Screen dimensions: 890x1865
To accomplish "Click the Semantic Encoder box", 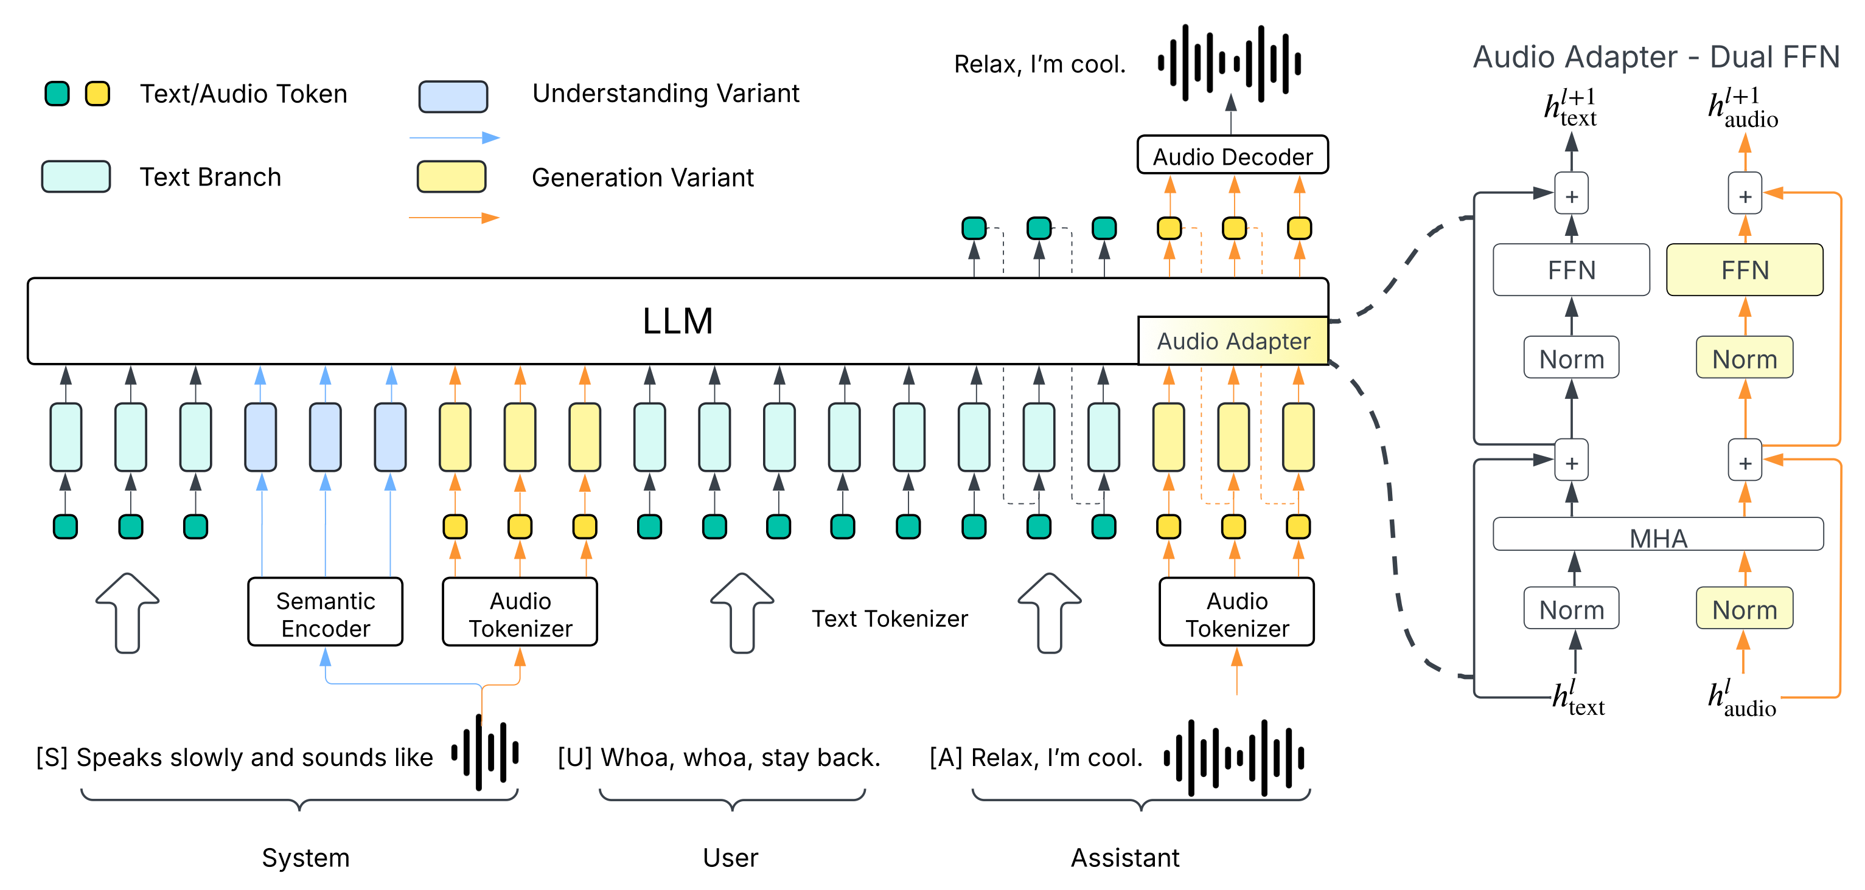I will (x=325, y=612).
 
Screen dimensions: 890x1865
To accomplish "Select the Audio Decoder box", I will (x=1232, y=156).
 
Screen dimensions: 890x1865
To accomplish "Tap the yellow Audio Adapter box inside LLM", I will (x=1233, y=341).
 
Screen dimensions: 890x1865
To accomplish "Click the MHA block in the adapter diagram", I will (x=1658, y=536).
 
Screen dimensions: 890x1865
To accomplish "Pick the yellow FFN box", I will (x=1745, y=270).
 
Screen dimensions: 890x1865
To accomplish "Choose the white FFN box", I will (x=1571, y=270).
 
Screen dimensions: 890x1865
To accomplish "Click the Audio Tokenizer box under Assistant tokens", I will (x=1236, y=612).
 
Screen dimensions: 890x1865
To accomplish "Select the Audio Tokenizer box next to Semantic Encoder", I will (x=520, y=612).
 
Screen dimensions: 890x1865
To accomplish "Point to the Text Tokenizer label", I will (x=889, y=619).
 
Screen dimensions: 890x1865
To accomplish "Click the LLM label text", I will (x=678, y=320).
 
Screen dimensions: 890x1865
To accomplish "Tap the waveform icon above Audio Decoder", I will (x=1229, y=63).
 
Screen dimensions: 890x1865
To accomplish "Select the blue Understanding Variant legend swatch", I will (x=453, y=96).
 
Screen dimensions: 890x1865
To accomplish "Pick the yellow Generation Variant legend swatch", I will (x=451, y=176).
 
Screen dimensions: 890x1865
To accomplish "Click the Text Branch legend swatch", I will (x=76, y=176).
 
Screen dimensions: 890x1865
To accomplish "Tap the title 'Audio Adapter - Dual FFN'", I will (x=1656, y=57).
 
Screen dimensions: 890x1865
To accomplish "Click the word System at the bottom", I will (x=305, y=857).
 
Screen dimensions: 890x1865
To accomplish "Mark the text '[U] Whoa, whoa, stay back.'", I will (x=719, y=757).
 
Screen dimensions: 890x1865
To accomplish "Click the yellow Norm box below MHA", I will (x=1744, y=609).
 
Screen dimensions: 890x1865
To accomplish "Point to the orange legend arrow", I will (x=454, y=218).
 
